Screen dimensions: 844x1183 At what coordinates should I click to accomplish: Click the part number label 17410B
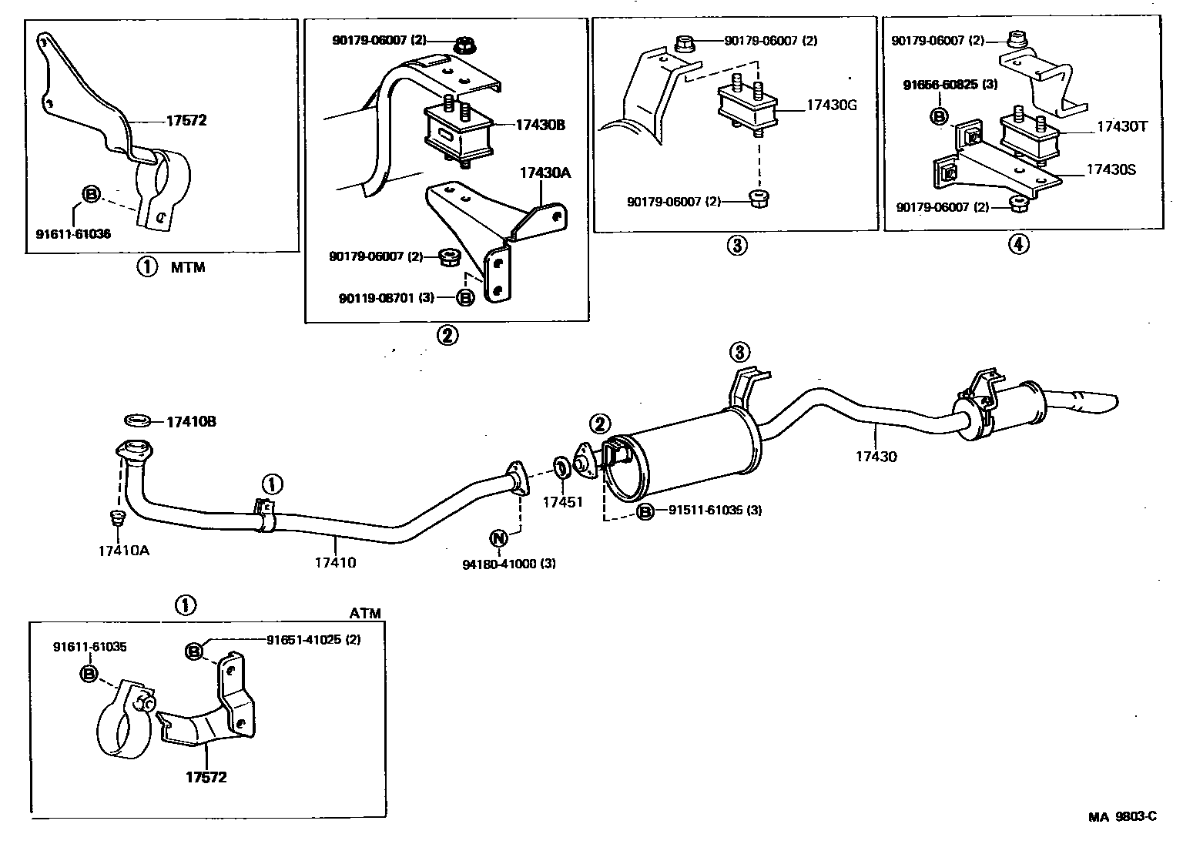point(191,422)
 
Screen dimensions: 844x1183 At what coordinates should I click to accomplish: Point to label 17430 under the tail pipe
point(876,457)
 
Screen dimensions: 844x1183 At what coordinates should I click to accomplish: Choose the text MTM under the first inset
point(188,268)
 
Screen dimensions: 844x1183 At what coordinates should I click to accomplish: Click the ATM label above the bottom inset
point(365,614)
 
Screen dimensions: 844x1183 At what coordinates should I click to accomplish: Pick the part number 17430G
point(832,105)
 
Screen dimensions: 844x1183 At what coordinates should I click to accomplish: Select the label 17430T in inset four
point(1122,127)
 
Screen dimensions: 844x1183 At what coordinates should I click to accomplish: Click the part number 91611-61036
point(73,234)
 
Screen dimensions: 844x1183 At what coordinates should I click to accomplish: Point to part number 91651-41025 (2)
point(313,639)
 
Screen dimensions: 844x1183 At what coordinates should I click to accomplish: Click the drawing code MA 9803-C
point(1122,817)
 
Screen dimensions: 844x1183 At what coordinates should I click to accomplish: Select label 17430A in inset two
point(545,173)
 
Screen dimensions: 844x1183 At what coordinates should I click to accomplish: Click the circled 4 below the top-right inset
point(1018,245)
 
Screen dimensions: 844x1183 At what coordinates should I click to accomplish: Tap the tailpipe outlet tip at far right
point(1109,401)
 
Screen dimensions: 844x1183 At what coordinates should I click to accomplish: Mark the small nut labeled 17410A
point(117,517)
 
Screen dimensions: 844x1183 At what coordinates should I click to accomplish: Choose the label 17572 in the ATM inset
point(206,777)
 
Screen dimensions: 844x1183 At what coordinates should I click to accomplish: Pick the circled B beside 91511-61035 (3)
point(645,511)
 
